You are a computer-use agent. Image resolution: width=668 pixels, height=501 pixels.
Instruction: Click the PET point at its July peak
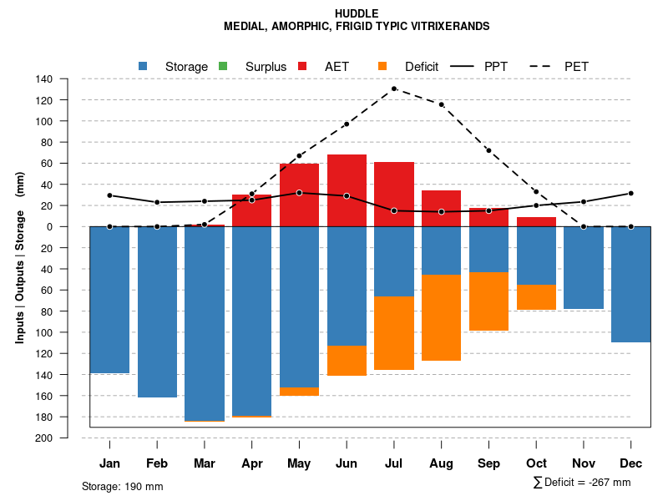394,89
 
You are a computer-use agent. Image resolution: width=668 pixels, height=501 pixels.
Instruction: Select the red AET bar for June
347,190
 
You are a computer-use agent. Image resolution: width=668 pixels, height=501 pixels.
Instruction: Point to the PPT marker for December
631,193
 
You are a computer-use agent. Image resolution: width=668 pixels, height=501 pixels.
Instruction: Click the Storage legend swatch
143,66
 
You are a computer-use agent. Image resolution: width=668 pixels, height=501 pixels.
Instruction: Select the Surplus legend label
266,66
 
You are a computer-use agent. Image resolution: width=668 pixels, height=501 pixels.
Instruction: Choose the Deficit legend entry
422,66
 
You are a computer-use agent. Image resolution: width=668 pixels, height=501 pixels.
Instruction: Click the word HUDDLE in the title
357,13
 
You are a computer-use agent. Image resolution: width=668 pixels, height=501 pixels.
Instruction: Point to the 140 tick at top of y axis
45,79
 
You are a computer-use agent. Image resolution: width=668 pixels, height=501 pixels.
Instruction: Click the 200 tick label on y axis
45,438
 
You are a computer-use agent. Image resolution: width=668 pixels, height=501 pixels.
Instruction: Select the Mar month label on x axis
205,463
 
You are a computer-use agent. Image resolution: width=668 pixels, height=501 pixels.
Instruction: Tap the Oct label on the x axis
536,463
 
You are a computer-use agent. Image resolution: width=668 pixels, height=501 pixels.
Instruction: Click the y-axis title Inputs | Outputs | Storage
20,258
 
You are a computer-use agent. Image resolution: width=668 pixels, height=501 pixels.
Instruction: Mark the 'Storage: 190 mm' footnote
122,486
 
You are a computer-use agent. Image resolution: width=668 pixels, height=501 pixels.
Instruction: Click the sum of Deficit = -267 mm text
582,483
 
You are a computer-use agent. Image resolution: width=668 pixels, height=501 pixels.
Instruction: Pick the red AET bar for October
536,221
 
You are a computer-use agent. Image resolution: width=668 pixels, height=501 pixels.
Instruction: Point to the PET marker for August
441,104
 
